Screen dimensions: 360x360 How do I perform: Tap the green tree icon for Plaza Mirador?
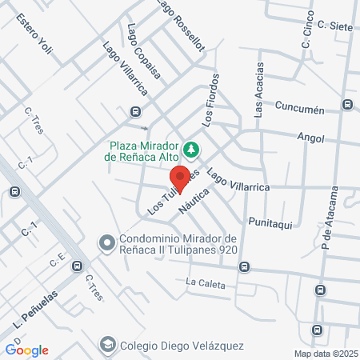point(191,148)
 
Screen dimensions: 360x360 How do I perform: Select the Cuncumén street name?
point(298,107)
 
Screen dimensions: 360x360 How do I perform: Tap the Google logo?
point(26,350)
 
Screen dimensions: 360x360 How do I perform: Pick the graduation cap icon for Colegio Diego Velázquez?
point(106,344)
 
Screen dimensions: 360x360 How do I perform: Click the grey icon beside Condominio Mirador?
point(106,242)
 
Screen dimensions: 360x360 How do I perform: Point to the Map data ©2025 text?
point(323,354)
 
